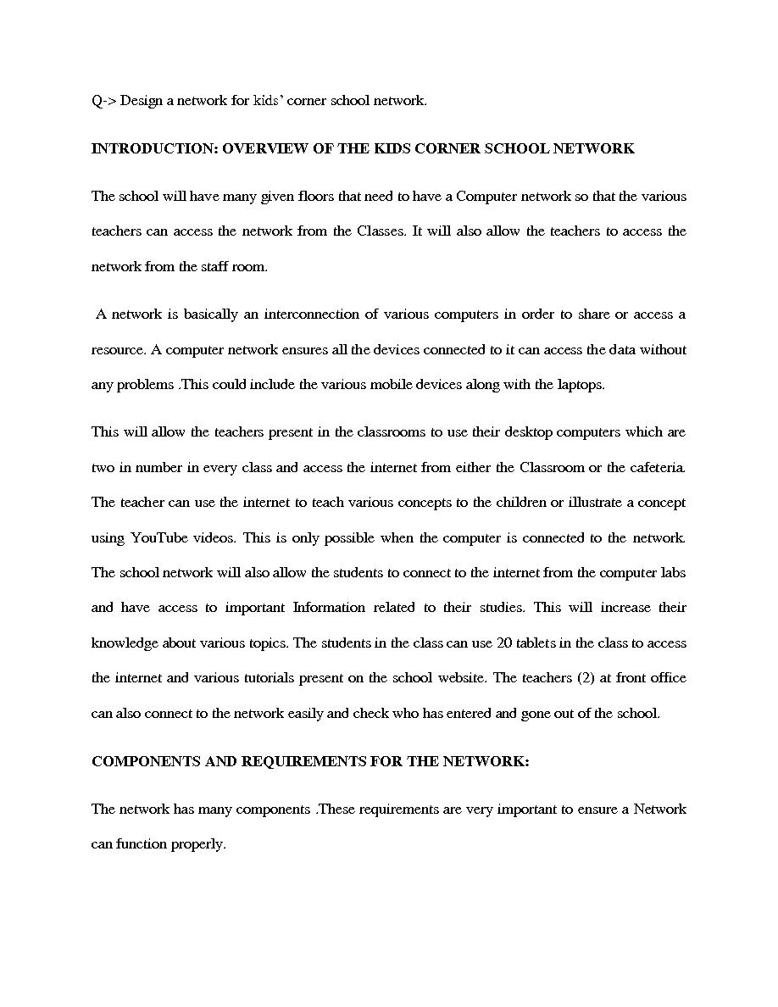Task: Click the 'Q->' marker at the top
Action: [103, 101]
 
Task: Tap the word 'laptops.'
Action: [581, 385]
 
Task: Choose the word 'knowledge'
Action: [125, 643]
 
